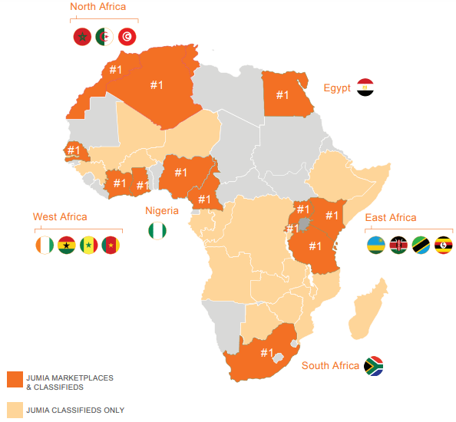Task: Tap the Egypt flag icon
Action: point(365,87)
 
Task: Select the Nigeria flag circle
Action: point(157,229)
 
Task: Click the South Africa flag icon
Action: point(374,365)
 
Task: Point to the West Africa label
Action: point(60,217)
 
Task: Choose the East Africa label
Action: point(391,218)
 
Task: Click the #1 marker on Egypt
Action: point(283,95)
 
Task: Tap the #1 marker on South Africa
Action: point(266,353)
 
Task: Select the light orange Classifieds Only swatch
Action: point(15,410)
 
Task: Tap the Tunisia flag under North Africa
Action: point(128,36)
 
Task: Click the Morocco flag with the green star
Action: point(81,36)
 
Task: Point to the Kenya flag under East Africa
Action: point(398,246)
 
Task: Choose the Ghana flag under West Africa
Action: point(66,245)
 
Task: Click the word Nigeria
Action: point(162,210)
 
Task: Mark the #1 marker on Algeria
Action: point(157,84)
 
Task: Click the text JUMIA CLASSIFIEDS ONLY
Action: point(75,410)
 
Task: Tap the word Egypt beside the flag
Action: point(337,88)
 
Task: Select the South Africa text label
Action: point(330,365)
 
